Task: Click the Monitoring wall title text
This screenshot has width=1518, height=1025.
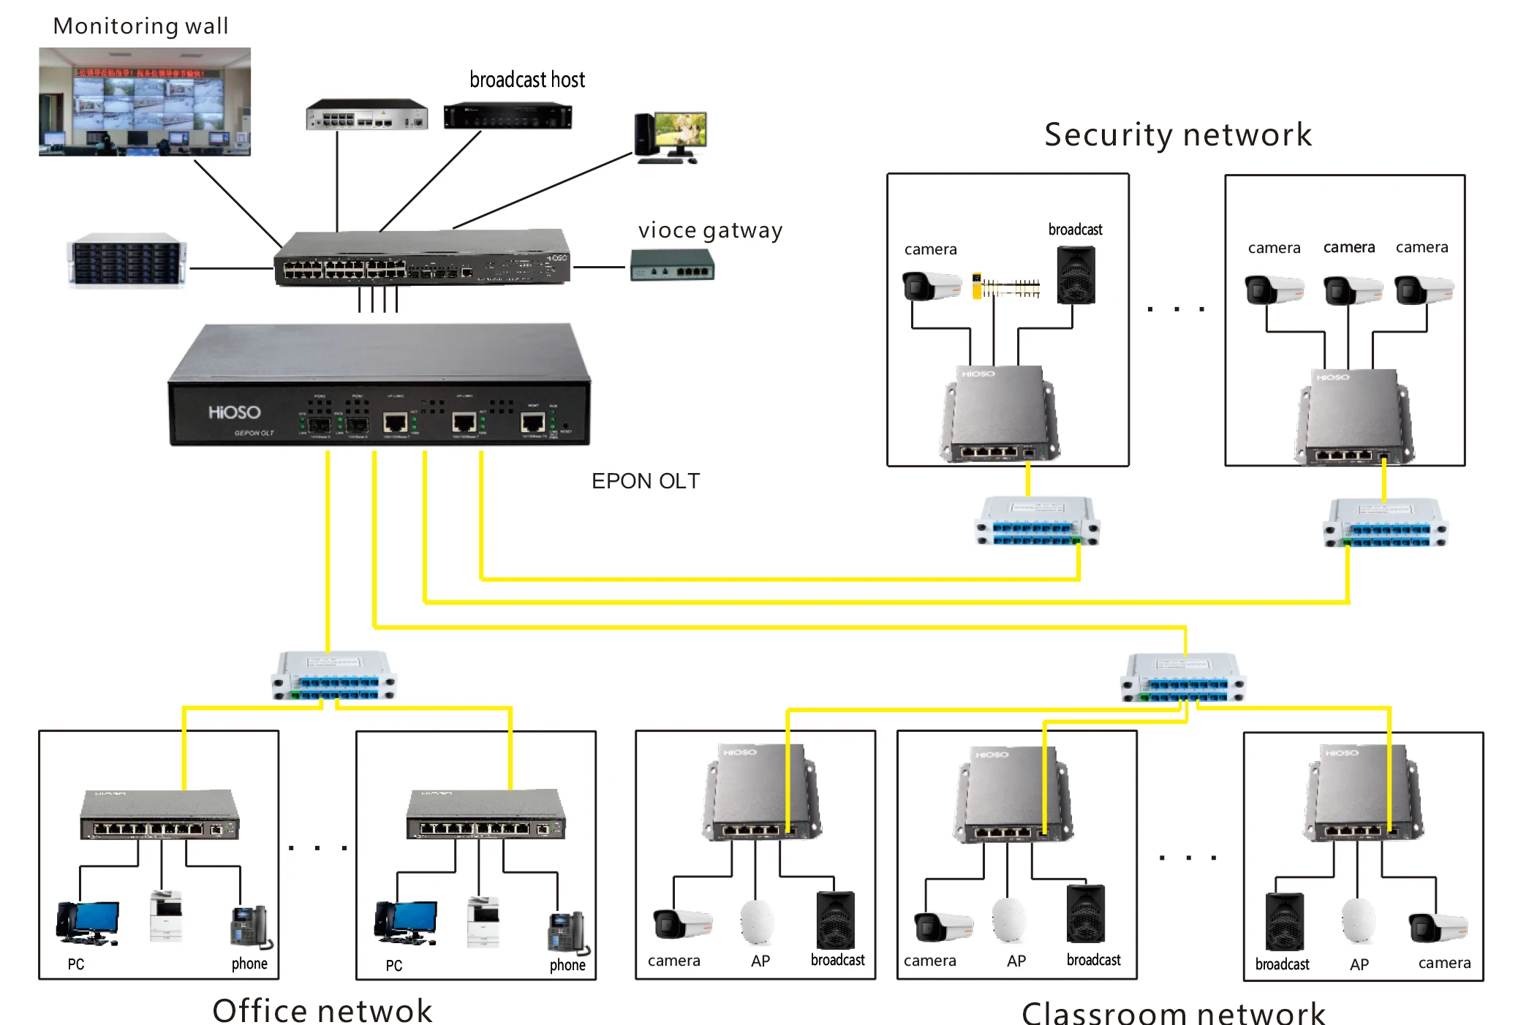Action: tap(140, 26)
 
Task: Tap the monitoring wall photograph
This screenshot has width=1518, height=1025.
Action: tap(144, 102)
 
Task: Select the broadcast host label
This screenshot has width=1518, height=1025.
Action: tap(526, 80)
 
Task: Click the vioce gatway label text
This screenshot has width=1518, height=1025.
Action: tap(709, 230)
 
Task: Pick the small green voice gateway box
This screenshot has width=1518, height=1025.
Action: tap(672, 265)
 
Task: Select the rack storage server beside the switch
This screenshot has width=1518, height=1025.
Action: tap(127, 261)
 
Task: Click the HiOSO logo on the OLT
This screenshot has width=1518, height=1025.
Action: tap(234, 412)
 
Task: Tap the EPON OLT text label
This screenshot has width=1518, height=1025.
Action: tap(645, 481)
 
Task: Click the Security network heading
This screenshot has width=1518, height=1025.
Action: tap(1177, 135)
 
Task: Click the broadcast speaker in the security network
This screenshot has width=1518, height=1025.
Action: tap(1076, 275)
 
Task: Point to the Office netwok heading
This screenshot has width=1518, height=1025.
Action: tap(322, 1010)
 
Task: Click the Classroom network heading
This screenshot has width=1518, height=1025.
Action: tap(1172, 1013)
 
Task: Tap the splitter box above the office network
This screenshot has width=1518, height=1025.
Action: tap(334, 676)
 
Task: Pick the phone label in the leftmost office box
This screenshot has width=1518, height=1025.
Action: tap(249, 964)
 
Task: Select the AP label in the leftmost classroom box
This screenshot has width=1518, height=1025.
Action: tap(760, 961)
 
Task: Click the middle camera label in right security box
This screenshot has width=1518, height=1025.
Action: tap(1348, 247)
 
